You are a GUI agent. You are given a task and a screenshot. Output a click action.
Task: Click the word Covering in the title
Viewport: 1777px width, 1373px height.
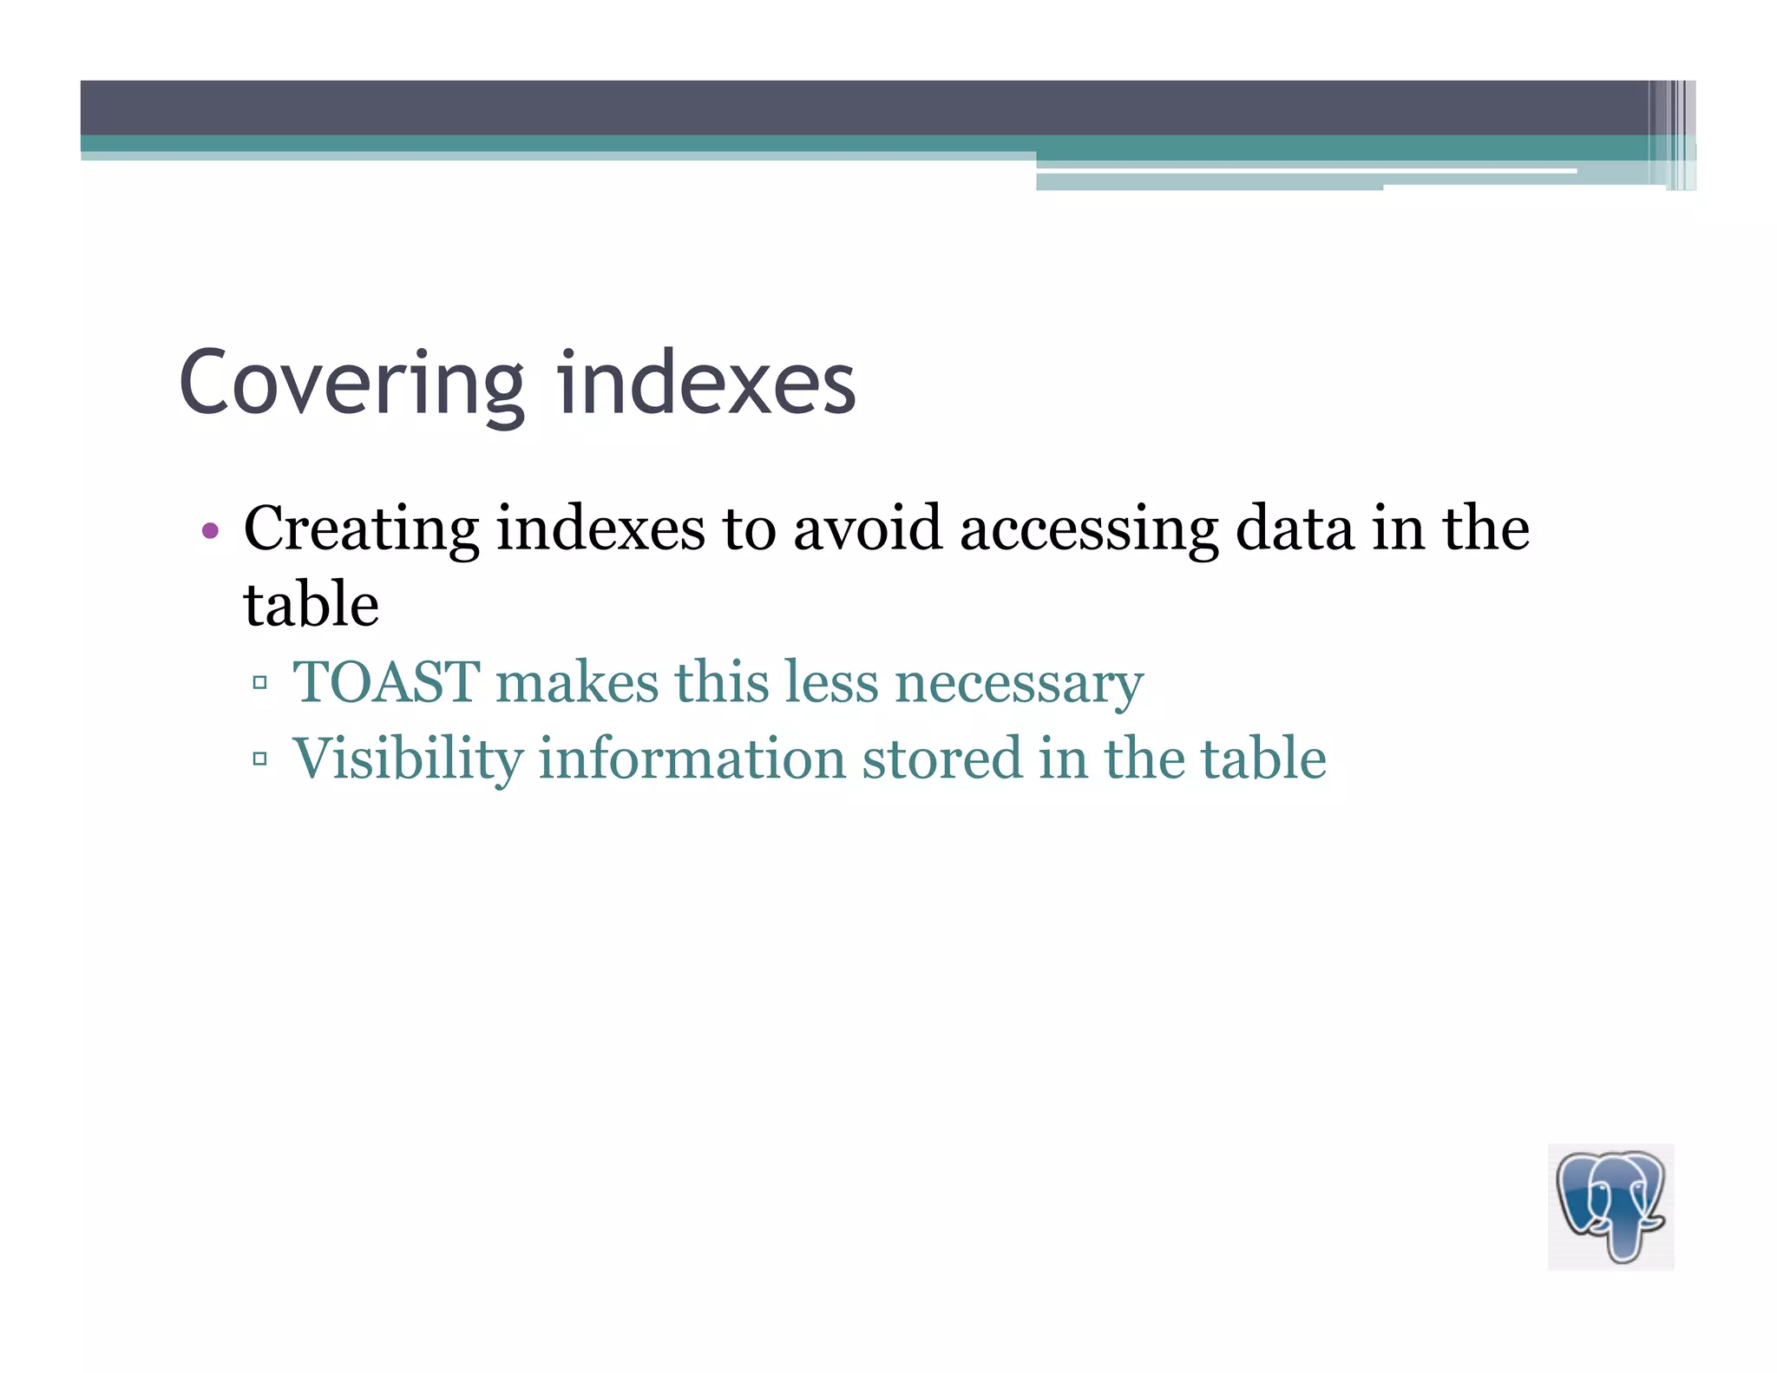(x=351, y=384)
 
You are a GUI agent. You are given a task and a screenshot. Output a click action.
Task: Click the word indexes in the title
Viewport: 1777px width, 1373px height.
(x=706, y=384)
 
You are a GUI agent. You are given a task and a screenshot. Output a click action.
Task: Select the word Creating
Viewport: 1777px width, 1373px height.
(x=360, y=529)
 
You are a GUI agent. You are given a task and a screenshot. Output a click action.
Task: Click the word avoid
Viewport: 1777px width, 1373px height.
(x=867, y=529)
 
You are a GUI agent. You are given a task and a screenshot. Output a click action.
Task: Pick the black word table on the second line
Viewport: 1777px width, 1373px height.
(x=311, y=605)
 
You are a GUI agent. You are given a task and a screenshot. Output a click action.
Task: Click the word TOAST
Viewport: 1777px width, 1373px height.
(x=386, y=682)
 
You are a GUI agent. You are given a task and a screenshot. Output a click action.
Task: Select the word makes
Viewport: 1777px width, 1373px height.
(x=577, y=682)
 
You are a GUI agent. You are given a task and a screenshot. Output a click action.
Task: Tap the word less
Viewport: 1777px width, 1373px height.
(x=831, y=682)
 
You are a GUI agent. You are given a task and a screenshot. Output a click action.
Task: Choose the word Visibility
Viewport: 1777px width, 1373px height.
(x=408, y=759)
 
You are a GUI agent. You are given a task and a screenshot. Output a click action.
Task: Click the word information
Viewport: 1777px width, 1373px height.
(x=692, y=759)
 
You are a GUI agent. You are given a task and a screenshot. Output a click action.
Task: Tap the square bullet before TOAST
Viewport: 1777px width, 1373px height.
(x=259, y=683)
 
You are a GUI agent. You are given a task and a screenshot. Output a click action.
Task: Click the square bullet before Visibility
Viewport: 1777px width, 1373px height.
(x=259, y=759)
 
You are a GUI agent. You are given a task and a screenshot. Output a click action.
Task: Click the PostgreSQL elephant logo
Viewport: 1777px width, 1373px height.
(x=1610, y=1206)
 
